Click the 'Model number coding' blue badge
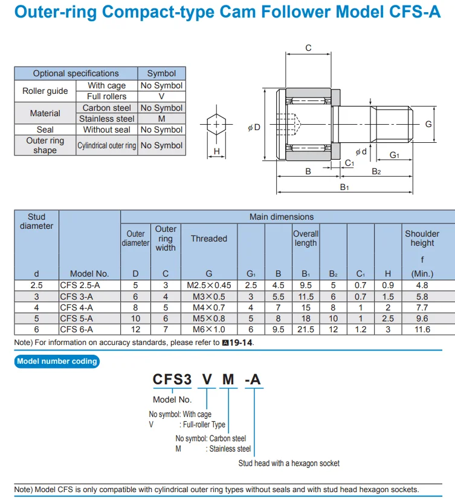57,361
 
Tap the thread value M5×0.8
209,318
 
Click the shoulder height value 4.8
422,285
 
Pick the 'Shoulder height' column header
422,238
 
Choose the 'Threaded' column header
209,238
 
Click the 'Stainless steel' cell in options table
107,119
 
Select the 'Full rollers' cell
107,96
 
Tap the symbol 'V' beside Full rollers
161,96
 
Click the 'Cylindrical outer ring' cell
107,146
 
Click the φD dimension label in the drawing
254,127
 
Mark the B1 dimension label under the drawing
344,188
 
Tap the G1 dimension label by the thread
395,155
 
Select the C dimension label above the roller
308,48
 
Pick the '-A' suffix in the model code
253,380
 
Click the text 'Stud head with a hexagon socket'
289,463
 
